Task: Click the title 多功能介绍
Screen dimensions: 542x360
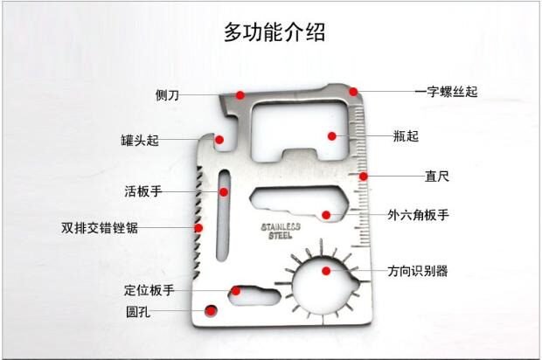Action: coord(274,33)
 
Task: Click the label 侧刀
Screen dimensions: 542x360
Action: coord(167,94)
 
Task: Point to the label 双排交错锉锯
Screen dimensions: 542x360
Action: coord(99,228)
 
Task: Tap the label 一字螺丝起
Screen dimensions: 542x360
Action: coord(446,91)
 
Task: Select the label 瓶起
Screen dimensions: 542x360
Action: coord(406,135)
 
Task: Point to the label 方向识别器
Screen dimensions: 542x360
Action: coord(418,271)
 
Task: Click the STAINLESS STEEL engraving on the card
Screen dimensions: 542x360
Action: coord(281,231)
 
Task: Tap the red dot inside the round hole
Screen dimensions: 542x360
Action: coord(209,309)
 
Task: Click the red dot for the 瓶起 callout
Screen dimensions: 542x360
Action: coord(332,135)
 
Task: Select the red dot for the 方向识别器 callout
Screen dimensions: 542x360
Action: coord(326,270)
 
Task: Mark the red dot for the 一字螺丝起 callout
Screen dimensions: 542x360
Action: coord(353,90)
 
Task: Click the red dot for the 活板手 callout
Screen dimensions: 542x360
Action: coord(224,190)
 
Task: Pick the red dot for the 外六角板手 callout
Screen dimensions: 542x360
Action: coord(325,214)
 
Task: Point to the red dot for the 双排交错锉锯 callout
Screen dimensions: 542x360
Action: coord(198,228)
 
